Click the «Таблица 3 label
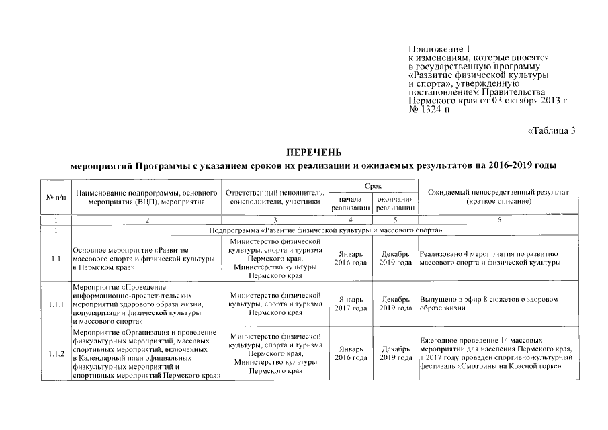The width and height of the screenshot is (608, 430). (551, 130)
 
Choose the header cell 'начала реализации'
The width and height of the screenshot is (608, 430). (351, 204)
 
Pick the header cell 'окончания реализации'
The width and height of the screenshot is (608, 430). (394, 204)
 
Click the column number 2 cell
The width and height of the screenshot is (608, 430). (147, 220)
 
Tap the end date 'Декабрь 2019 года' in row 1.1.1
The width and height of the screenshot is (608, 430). (394, 304)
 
